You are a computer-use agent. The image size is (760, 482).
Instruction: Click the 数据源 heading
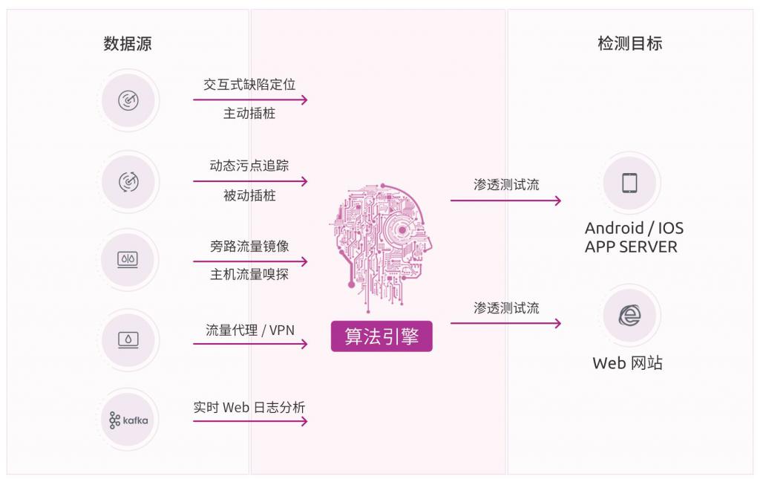click(128, 44)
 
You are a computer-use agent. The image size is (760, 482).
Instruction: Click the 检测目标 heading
click(629, 44)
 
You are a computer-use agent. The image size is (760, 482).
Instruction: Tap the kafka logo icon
click(128, 420)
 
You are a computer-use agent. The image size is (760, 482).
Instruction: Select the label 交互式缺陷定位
click(249, 85)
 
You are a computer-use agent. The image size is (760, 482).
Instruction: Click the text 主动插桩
click(249, 114)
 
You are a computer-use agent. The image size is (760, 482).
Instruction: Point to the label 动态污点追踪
click(249, 166)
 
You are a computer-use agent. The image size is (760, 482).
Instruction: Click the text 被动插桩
click(249, 195)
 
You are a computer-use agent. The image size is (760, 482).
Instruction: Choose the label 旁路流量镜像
click(249, 246)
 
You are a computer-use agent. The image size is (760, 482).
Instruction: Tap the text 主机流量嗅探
click(249, 276)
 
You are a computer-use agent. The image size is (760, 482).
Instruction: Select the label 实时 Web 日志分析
click(249, 407)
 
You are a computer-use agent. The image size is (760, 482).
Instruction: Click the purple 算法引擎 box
click(381, 336)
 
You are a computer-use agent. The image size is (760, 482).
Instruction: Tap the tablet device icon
click(629, 182)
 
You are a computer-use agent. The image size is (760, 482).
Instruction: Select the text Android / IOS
click(634, 228)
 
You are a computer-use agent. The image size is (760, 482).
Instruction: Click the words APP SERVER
click(631, 247)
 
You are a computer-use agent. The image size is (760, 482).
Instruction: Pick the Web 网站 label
click(628, 363)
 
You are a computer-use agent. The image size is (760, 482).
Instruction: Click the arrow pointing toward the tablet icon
click(505, 201)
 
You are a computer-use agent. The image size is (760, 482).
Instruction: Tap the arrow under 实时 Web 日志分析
click(250, 422)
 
